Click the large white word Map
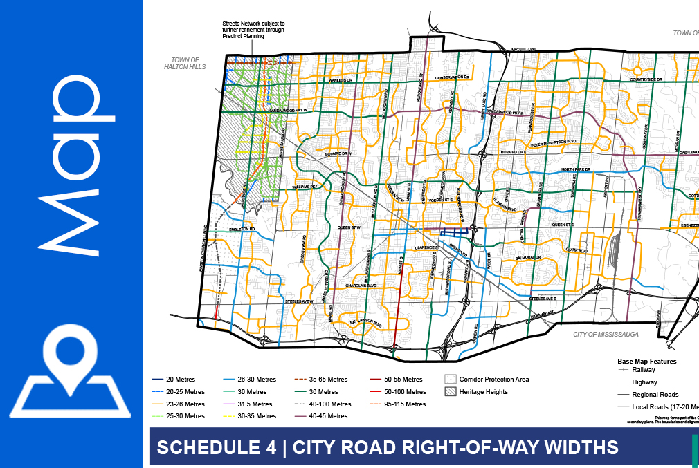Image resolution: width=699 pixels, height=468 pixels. coord(72,162)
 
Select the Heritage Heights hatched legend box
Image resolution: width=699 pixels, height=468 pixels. coord(451,391)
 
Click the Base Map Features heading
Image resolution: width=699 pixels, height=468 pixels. coord(646,361)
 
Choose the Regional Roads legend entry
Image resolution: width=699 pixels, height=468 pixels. coord(655,394)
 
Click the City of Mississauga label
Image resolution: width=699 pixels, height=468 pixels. coord(606,334)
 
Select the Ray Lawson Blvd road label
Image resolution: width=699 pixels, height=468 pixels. coord(365,322)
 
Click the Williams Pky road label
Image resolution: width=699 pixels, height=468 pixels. coord(304,187)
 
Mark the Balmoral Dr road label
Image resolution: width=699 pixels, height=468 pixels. coord(527,257)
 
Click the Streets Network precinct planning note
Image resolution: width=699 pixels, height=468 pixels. coord(253,30)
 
